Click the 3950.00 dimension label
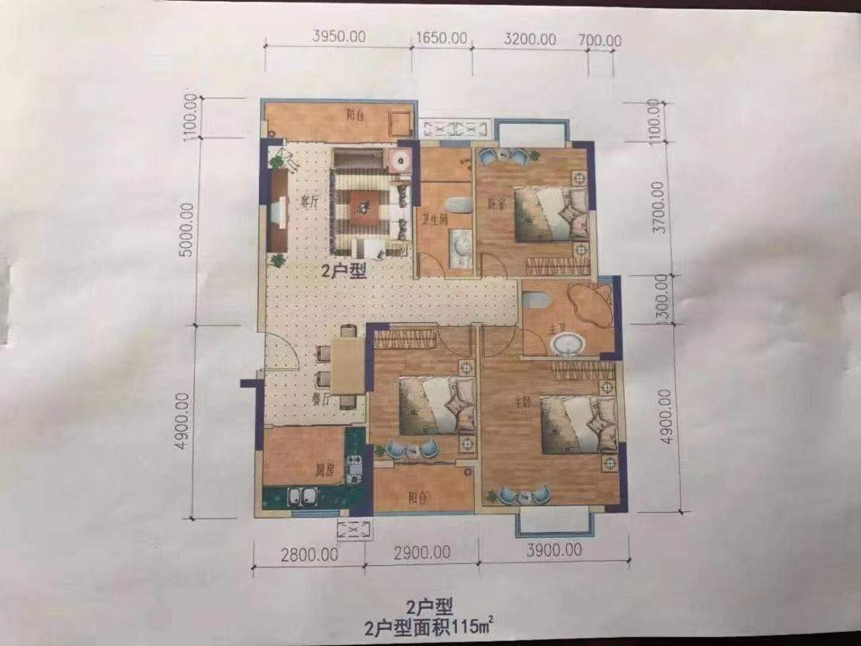tap(339, 36)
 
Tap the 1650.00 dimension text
tap(441, 38)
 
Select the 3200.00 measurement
tap(529, 39)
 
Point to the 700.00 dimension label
tap(600, 41)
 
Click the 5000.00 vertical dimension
tap(188, 229)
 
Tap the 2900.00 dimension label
tap(422, 552)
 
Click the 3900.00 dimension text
tap(554, 550)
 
